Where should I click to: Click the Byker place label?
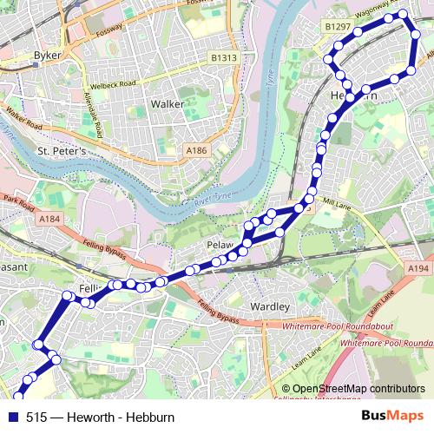[47, 56]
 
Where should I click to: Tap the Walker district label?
[168, 103]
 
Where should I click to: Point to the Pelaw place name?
[220, 246]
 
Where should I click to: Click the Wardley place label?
[269, 307]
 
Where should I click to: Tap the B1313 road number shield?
[224, 57]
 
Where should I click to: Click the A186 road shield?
[197, 150]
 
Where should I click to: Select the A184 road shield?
[49, 220]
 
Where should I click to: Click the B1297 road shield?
[337, 28]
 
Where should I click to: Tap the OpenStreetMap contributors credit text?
[358, 389]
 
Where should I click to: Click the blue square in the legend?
[13, 417]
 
